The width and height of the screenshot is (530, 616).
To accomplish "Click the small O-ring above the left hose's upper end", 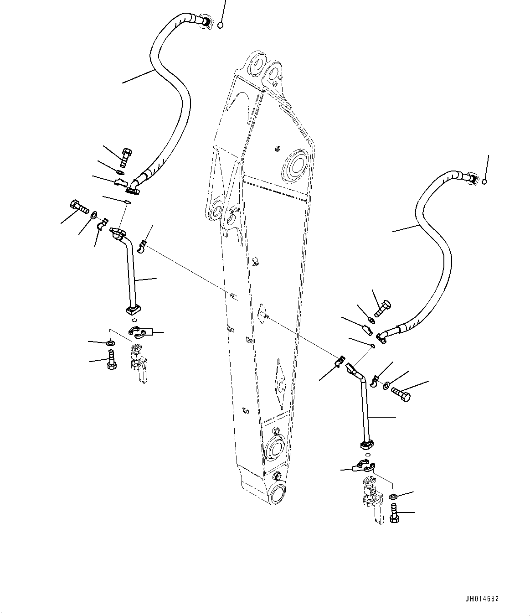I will (x=221, y=25).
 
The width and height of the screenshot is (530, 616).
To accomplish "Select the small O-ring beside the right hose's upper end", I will (x=484, y=182).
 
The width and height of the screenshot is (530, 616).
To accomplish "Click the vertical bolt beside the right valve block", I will (x=395, y=514).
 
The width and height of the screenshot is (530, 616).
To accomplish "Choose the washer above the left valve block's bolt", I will (x=110, y=343).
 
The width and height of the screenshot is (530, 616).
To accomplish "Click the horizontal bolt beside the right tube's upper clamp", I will (x=401, y=393).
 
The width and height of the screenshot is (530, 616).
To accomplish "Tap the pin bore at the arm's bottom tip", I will (x=277, y=494).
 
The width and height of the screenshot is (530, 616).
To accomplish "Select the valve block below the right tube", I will (x=371, y=499).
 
